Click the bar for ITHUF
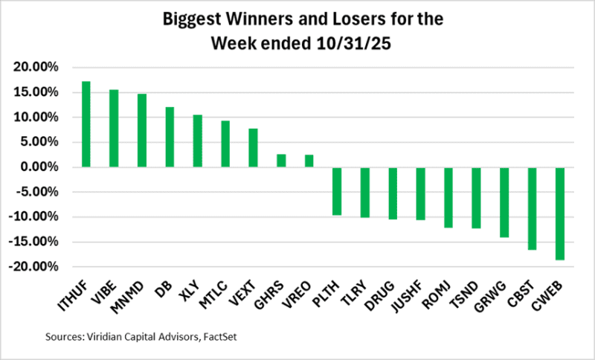click(86, 124)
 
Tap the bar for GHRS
click(281, 160)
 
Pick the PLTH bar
click(337, 191)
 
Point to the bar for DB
click(170, 137)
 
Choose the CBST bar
click(532, 208)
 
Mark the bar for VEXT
click(253, 148)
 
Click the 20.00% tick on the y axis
click(37, 68)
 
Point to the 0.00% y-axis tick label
click(40, 167)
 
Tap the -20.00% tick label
click(35, 267)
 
